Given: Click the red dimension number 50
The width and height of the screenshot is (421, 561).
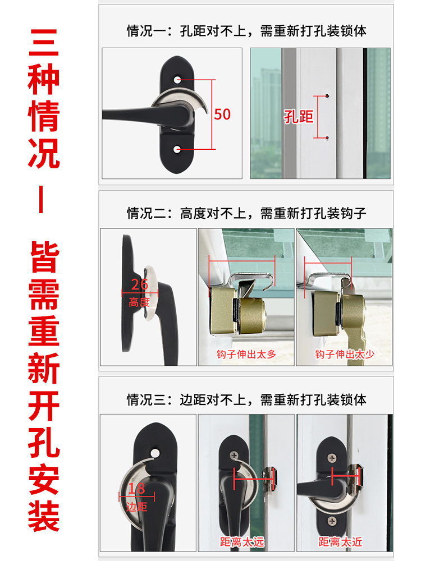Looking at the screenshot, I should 222,114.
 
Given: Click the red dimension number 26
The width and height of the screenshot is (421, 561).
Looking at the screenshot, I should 139,284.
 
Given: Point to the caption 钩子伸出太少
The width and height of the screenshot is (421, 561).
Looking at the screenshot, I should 344,354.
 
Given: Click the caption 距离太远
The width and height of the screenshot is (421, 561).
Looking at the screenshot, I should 242,542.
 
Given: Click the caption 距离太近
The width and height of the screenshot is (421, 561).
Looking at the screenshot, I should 341,542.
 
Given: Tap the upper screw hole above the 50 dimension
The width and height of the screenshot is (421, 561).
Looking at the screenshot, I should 179,80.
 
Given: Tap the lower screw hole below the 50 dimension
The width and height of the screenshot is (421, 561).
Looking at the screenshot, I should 179,149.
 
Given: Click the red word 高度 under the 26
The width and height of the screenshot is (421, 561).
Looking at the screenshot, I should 139,302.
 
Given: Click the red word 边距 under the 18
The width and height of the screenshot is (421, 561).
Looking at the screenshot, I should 136,507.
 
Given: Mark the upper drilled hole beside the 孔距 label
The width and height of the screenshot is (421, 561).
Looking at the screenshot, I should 328,96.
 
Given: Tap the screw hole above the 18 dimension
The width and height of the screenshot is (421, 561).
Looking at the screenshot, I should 153,450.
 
